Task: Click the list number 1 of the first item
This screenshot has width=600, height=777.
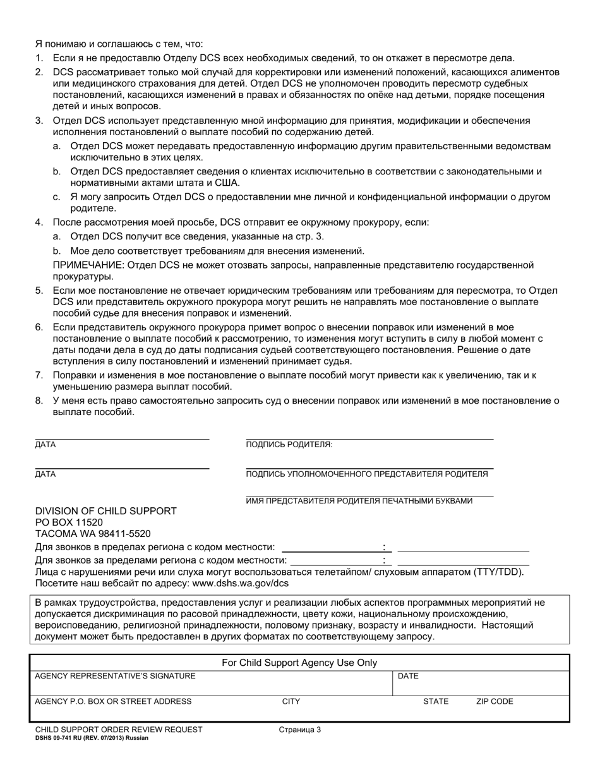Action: click(38, 58)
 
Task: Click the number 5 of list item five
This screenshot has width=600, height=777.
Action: click(38, 291)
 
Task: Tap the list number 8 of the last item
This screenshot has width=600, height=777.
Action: click(38, 401)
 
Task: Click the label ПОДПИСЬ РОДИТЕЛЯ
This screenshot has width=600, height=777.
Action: click(289, 445)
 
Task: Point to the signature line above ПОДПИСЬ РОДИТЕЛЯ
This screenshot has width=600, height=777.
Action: click(369, 439)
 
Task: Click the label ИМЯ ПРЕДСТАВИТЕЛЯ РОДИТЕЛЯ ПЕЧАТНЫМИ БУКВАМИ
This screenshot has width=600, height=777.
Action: click(359, 501)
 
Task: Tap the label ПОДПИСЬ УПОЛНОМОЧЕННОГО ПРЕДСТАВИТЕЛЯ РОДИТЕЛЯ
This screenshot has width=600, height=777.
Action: click(366, 474)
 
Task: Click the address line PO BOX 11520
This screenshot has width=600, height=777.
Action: click(69, 522)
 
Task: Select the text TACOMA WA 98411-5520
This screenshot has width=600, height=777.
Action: click(93, 534)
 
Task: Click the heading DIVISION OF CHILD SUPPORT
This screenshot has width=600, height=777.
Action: click(105, 511)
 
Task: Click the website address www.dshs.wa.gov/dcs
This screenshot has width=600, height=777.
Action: click(240, 583)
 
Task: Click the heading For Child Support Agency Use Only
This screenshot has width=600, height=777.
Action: click(299, 663)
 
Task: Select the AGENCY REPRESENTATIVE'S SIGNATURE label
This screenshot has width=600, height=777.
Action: click(115, 676)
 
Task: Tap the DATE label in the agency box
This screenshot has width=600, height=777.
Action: click(408, 676)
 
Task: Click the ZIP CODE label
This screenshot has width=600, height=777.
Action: click(494, 701)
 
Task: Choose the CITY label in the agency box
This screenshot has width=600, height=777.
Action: click(291, 701)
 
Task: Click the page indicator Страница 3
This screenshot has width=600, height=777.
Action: click(299, 730)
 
